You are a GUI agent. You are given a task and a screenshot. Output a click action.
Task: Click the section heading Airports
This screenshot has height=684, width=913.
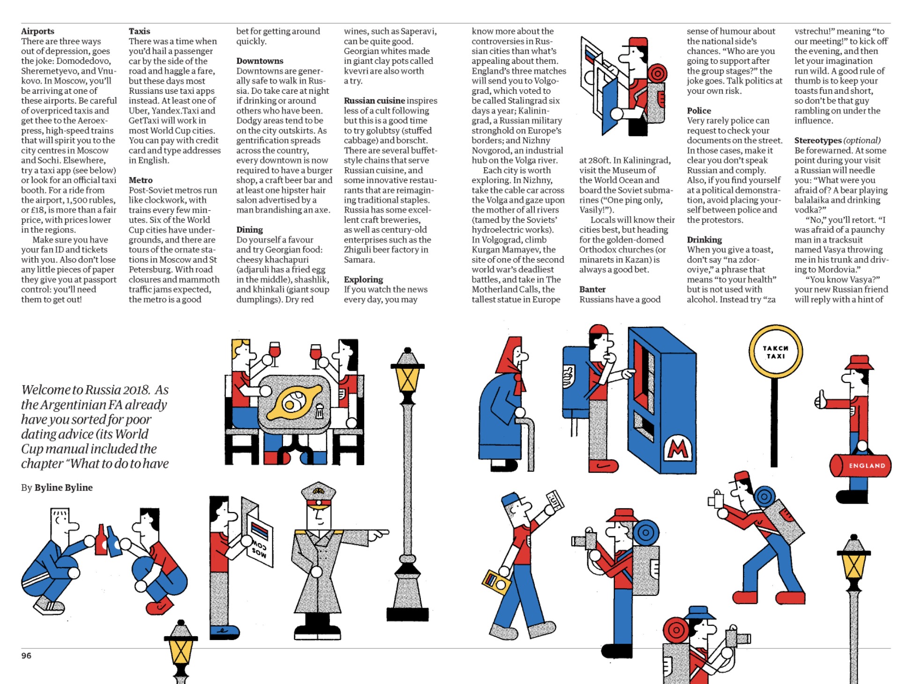[37, 31]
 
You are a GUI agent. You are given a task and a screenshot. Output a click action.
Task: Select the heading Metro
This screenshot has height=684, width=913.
[141, 180]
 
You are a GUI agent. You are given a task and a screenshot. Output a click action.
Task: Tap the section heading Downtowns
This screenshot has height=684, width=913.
[260, 61]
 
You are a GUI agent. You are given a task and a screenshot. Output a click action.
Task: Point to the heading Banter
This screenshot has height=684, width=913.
[592, 289]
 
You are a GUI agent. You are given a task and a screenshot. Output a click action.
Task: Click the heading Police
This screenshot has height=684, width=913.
[699, 111]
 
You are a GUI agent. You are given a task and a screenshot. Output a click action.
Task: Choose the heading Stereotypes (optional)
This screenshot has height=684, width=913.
[837, 140]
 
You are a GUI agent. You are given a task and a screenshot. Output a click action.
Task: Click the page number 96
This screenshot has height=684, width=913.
[26, 655]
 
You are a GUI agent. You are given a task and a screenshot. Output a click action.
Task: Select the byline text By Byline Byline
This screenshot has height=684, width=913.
[57, 487]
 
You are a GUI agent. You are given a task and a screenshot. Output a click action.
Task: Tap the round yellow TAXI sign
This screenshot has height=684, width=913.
[775, 352]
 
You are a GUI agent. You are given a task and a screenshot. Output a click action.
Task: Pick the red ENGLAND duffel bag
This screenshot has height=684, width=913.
[861, 465]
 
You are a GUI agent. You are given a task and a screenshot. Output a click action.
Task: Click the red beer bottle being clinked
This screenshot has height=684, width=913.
[101, 541]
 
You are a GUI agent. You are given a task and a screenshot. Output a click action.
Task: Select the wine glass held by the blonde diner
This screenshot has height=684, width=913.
[274, 351]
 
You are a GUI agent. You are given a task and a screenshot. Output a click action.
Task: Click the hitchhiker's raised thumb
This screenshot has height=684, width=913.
[821, 399]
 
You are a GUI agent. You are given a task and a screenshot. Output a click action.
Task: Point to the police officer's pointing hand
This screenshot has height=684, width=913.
[380, 534]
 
